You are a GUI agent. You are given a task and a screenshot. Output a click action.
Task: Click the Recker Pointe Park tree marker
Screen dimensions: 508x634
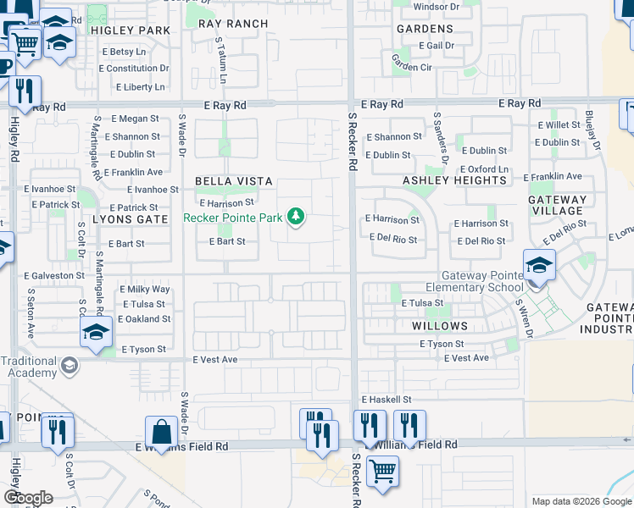[296, 218]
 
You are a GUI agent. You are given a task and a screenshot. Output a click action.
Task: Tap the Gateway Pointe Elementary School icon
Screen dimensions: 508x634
[539, 267]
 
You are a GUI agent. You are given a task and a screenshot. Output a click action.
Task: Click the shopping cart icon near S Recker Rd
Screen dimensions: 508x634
[382, 472]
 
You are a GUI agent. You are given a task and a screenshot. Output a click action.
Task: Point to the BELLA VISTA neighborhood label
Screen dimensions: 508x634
[234, 181]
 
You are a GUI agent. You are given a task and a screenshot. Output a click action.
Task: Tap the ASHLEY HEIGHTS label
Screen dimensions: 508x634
[454, 180]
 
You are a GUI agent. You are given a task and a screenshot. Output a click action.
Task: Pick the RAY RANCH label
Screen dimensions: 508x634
[233, 25]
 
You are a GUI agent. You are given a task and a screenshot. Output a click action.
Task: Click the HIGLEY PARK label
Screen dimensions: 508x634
[129, 30]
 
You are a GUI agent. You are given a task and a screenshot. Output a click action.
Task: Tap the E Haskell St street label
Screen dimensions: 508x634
[386, 400]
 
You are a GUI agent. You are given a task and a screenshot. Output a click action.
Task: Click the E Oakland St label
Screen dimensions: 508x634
[144, 319]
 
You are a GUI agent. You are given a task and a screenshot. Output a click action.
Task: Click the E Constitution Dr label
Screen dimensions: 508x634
[135, 69]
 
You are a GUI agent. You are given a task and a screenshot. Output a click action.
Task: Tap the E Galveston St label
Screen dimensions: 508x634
[54, 275]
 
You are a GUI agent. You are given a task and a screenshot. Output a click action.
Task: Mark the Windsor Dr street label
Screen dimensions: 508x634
[436, 7]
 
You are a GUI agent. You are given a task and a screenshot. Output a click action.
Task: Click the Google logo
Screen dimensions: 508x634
[28, 498]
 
